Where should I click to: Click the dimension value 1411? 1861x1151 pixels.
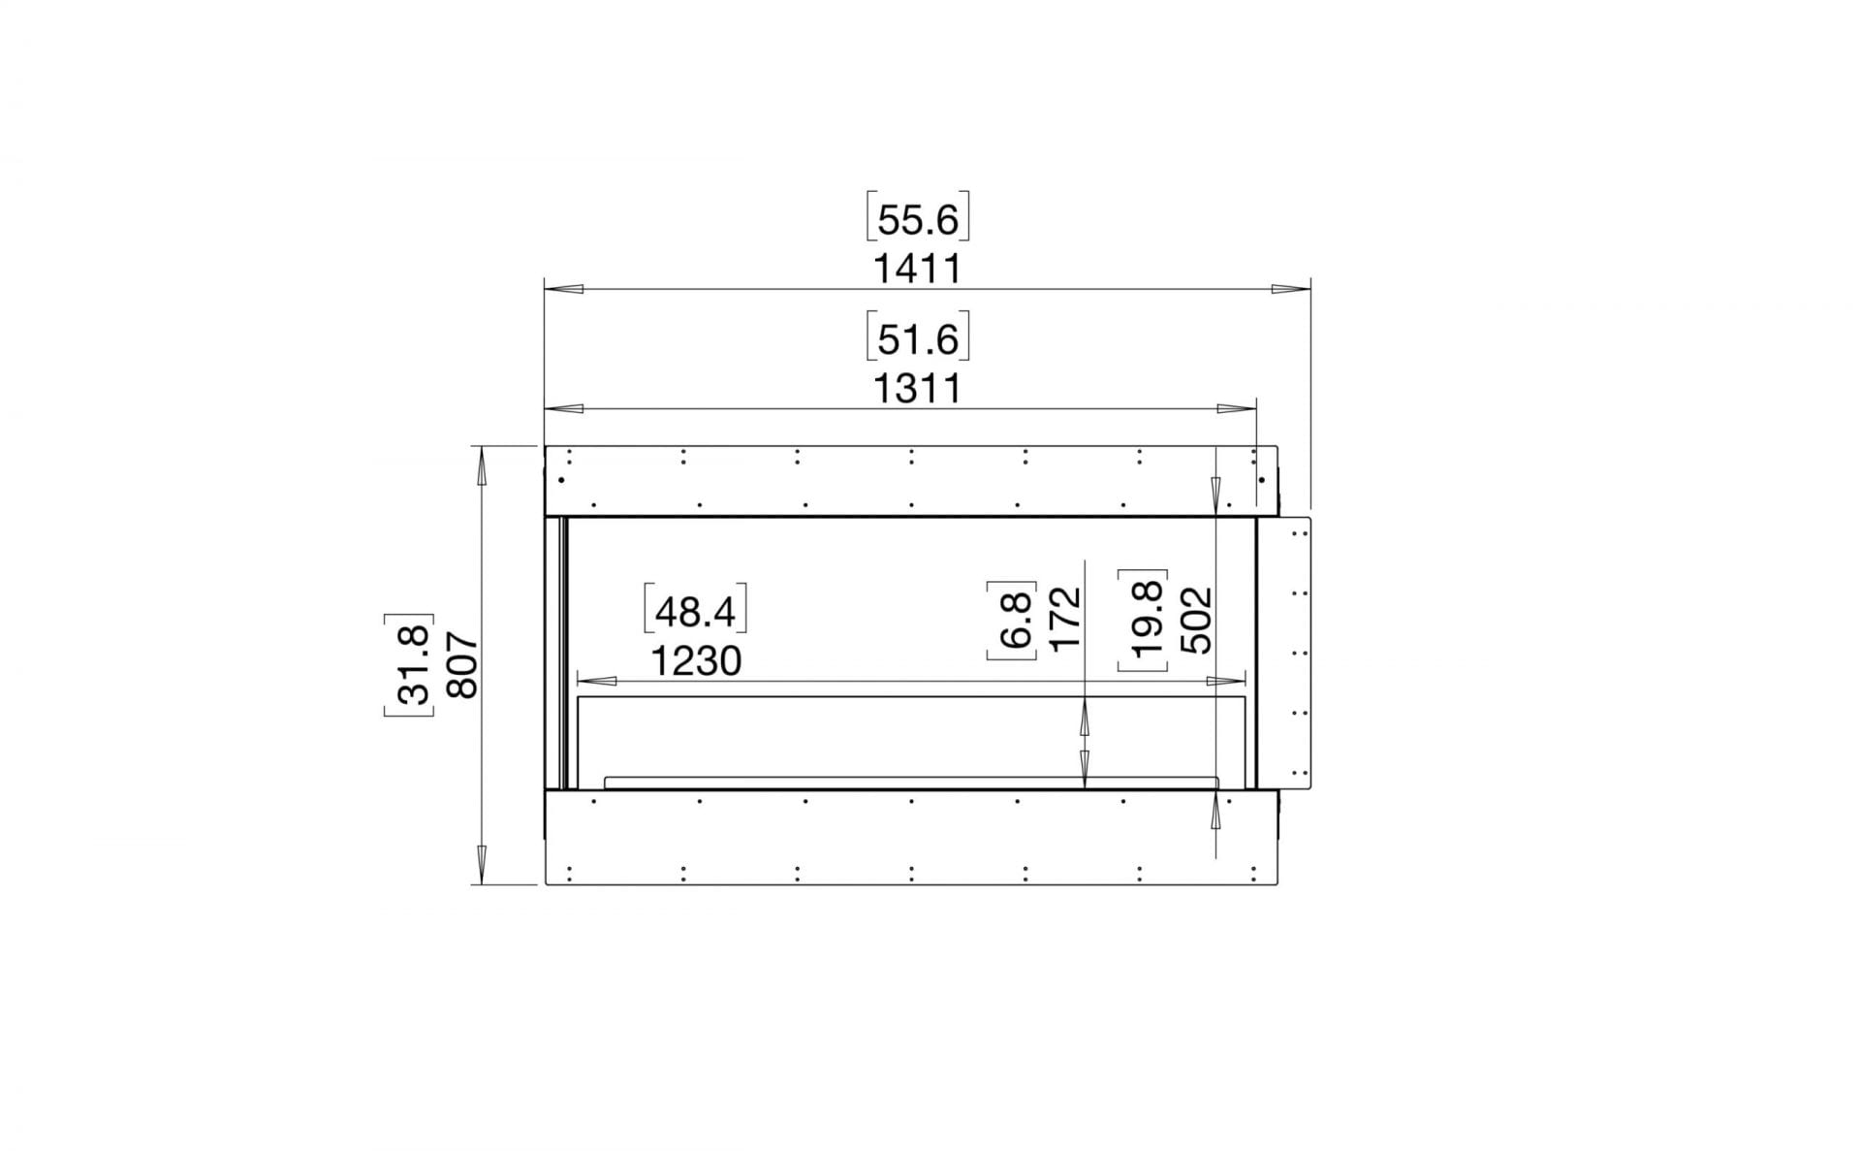click(x=917, y=269)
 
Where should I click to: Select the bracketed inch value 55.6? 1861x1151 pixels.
click(x=917, y=220)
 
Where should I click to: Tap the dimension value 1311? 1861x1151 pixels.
click(x=917, y=389)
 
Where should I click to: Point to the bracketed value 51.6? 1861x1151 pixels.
click(x=917, y=339)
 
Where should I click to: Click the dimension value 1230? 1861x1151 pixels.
click(x=696, y=661)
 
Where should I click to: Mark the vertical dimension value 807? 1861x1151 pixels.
click(x=462, y=665)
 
